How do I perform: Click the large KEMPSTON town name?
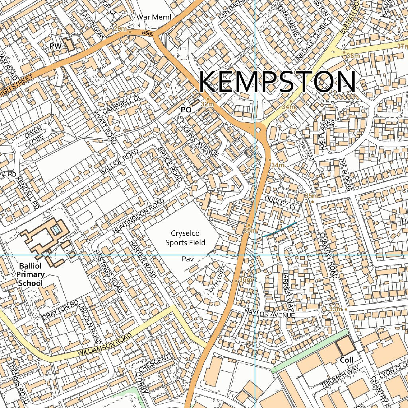(x=277, y=82)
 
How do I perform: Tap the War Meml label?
(x=153, y=17)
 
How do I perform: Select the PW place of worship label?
(x=55, y=47)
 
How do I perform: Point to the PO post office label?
(x=186, y=109)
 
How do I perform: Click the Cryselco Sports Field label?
(x=185, y=238)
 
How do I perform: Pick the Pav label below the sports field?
(x=187, y=259)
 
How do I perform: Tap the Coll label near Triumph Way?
(x=346, y=360)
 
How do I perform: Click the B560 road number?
(x=147, y=34)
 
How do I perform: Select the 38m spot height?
(x=353, y=56)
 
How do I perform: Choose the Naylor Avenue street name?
(x=270, y=315)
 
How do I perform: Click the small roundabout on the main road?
(x=260, y=129)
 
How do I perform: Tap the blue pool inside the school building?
(x=57, y=229)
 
